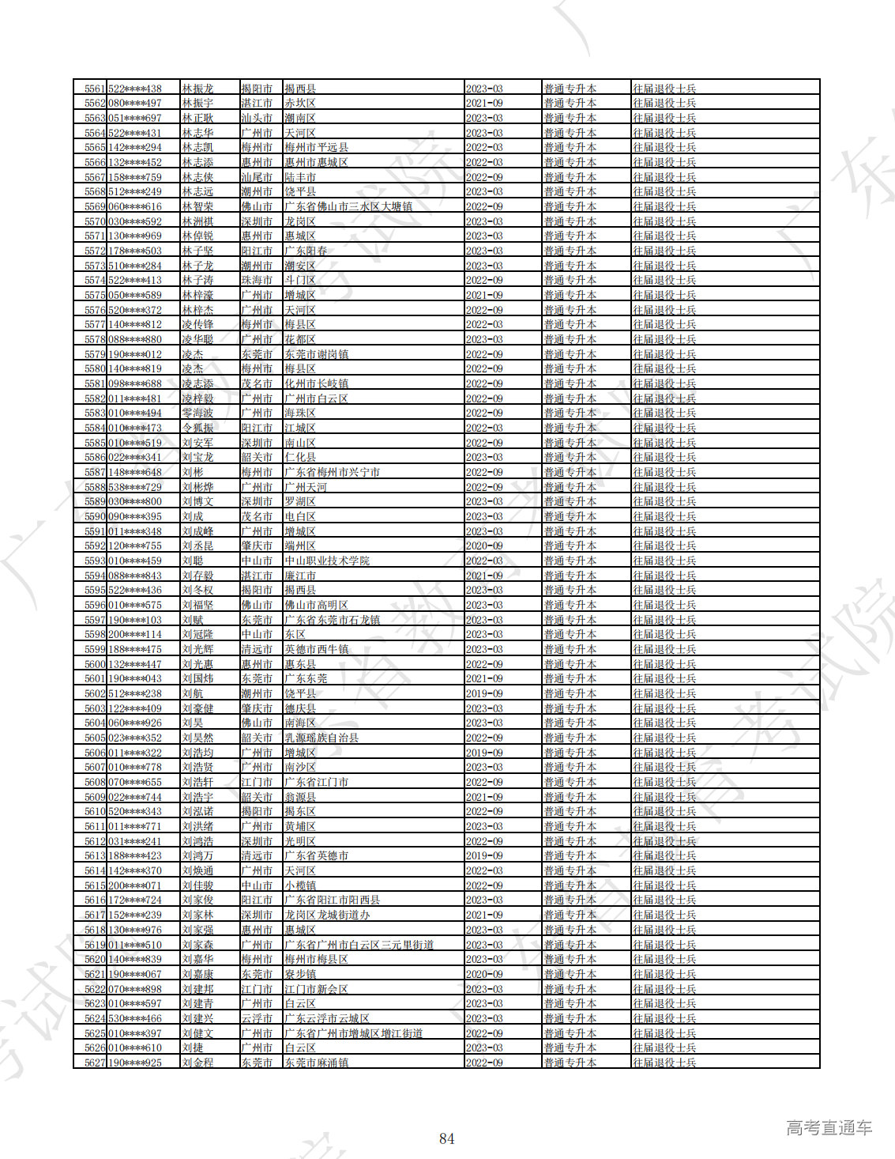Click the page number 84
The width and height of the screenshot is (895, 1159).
coord(446,1138)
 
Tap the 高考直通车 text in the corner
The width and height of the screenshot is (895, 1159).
coord(829,1128)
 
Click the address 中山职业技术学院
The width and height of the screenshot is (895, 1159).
coord(327,561)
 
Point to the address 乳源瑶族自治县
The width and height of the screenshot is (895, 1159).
coord(322,738)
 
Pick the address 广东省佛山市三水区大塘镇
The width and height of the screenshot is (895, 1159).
coord(348,207)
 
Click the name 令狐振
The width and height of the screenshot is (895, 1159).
coord(197,428)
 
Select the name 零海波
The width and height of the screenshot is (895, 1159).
coord(197,413)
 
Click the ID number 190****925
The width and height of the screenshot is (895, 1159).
coord(135,1063)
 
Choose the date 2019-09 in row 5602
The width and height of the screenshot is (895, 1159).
coord(484,694)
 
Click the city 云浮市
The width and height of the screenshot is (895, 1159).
coord(257,1019)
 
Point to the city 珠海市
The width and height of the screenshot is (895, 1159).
coord(257,281)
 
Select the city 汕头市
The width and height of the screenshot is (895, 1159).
coord(257,119)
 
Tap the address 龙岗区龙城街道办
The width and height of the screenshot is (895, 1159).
coord(327,915)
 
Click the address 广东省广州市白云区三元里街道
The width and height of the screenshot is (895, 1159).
coord(359,946)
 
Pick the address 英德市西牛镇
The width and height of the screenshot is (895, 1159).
coord(316,650)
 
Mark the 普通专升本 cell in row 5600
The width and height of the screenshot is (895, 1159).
coord(570,665)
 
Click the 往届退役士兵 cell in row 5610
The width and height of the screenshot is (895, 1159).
coord(664,812)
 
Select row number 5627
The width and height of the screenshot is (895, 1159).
coord(95,1063)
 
